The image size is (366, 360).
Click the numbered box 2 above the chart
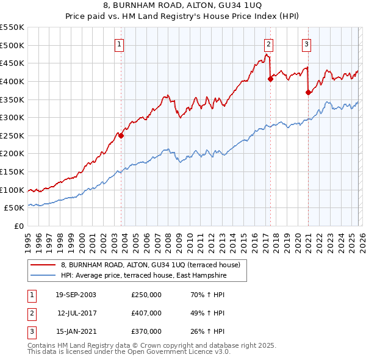pyautogui.click(x=268, y=44)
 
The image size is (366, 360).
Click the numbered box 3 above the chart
pyautogui.click(x=306, y=44)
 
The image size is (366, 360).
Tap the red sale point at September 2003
pyautogui.click(x=121, y=136)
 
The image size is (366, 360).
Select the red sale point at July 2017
pyautogui.click(x=270, y=79)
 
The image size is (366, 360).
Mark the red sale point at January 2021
pyautogui.click(x=308, y=92)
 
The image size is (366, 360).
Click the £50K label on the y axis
pyautogui.click(x=14, y=208)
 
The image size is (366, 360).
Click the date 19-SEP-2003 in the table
pyautogui.click(x=76, y=295)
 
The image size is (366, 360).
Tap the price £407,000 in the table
pyautogui.click(x=146, y=313)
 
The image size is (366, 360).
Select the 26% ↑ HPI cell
pyautogui.click(x=207, y=331)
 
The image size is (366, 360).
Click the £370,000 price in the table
pyautogui.click(x=146, y=331)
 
